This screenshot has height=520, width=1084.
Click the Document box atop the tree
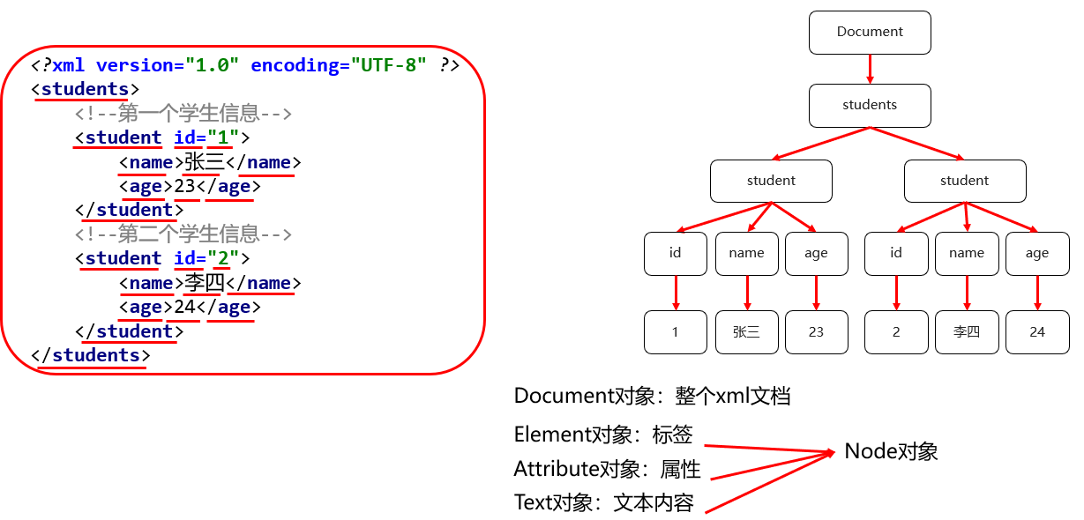[870, 32]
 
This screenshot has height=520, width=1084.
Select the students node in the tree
[870, 105]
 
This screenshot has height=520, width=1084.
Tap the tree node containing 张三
[746, 332]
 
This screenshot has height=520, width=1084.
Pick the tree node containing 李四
[967, 332]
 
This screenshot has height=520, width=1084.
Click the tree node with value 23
[816, 332]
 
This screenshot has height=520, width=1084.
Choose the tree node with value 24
[1037, 332]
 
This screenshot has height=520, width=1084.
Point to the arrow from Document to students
[870, 69]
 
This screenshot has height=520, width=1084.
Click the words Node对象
[891, 451]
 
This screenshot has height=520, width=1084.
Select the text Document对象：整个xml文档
[652, 397]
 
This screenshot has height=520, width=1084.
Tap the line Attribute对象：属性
[607, 468]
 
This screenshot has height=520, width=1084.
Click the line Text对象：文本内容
[603, 503]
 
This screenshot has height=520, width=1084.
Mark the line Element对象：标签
[603, 435]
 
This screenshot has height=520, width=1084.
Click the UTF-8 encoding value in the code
[389, 65]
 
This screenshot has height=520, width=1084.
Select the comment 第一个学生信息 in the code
[183, 114]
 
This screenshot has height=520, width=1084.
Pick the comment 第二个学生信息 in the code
[183, 234]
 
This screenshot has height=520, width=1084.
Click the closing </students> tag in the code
[91, 355]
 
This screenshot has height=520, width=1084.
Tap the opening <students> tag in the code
[85, 89]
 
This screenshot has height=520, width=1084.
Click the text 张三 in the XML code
[205, 162]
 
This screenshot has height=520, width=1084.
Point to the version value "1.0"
[212, 65]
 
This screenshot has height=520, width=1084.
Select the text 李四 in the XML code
[205, 283]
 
